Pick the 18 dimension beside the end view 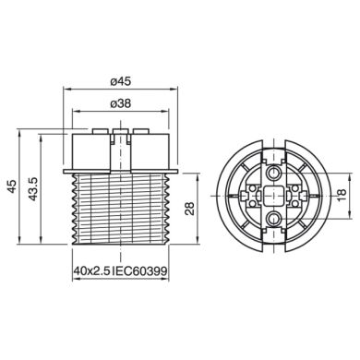(343, 195)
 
